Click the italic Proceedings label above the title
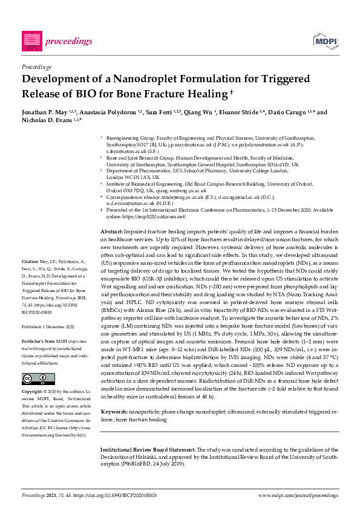point(36,66)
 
